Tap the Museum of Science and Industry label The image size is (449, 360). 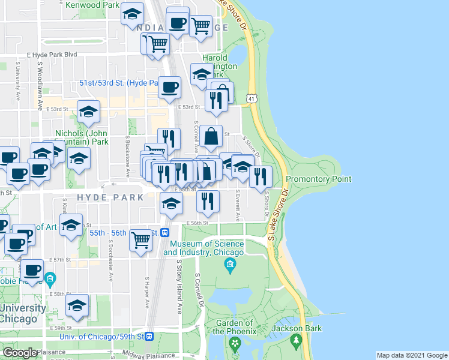(x=206, y=248)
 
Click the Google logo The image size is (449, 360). (x=20, y=353)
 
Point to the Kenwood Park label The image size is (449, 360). (x=92, y=5)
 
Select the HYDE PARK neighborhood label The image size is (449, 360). (x=110, y=197)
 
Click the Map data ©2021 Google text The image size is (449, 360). (x=411, y=355)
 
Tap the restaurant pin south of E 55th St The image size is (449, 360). (x=208, y=202)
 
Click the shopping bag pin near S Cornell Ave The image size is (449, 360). (x=211, y=137)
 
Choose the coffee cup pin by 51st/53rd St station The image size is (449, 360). (x=170, y=88)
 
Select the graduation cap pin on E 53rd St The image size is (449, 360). (x=88, y=112)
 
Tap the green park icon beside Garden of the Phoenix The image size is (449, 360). (x=235, y=343)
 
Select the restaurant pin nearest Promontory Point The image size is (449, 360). (x=261, y=177)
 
